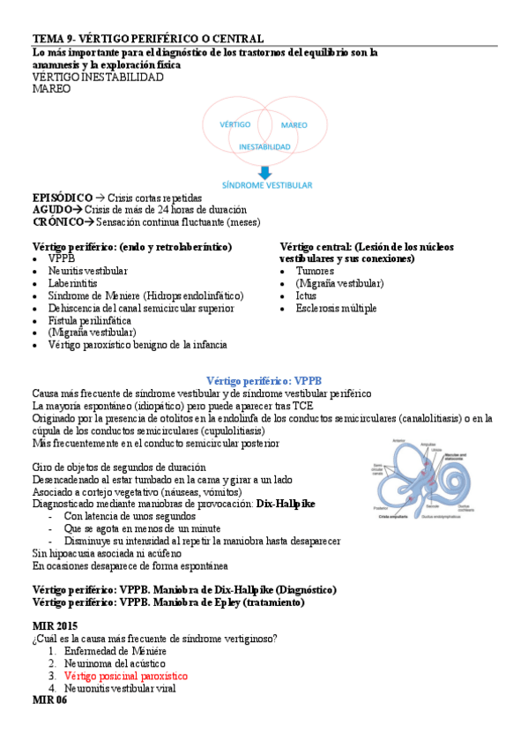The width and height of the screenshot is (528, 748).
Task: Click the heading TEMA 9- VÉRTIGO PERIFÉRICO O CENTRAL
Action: [148, 39]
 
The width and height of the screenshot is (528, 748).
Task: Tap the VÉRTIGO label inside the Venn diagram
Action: [235, 124]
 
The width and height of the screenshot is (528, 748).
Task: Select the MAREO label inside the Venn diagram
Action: [294, 125]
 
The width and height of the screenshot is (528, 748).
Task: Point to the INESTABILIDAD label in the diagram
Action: [264, 146]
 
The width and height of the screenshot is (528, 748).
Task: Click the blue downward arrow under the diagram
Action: [264, 171]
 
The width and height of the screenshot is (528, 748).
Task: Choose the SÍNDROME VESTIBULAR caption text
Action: [264, 186]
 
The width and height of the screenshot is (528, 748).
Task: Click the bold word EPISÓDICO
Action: [63, 198]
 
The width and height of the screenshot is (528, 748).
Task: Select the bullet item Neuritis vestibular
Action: [87, 272]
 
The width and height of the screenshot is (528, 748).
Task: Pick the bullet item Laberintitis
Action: [74, 284]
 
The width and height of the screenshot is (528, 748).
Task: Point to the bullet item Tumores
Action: [315, 272]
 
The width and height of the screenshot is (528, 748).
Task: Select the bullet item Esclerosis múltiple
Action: [336, 309]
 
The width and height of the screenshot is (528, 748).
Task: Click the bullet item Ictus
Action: [306, 296]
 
